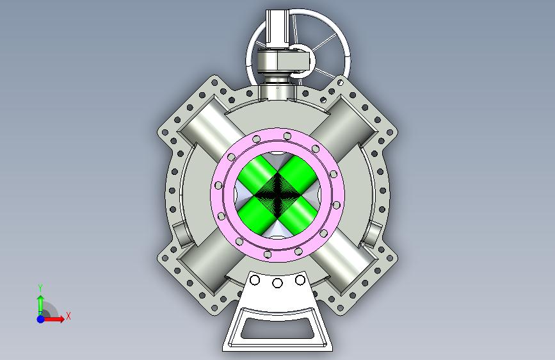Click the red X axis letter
pyautogui.click(x=68, y=316)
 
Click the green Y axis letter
pyautogui.click(x=40, y=288)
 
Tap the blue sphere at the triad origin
pyautogui.click(x=41, y=319)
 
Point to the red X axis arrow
pyautogui.click(x=53, y=319)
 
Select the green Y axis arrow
pyautogui.click(x=41, y=305)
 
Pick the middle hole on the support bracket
pyautogui.click(x=278, y=283)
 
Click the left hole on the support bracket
pyautogui.click(x=255, y=281)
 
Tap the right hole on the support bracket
pyautogui.click(x=300, y=281)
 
